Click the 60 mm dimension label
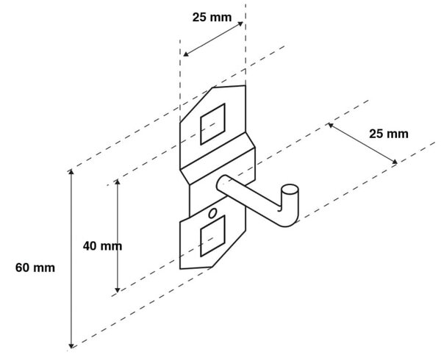[x=35, y=267]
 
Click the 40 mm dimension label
[x=102, y=246]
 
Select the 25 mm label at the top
[x=212, y=18]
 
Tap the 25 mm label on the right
[x=389, y=134]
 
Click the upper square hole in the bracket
[x=212, y=124]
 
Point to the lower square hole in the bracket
[x=212, y=236]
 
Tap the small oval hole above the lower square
[x=212, y=213]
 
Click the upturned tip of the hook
[x=290, y=190]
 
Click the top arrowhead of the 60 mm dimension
[x=71, y=171]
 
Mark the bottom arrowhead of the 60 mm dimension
[x=71, y=345]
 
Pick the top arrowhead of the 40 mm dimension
[x=118, y=181]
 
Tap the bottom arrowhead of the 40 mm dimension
[x=118, y=290]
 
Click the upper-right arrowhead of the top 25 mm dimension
[x=240, y=24]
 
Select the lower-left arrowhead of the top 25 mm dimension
[x=186, y=54]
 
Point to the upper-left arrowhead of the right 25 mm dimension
[x=331, y=125]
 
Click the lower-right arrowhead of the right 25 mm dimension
[x=395, y=162]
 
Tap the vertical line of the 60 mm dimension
[x=71, y=259]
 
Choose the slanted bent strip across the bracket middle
[x=218, y=159]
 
